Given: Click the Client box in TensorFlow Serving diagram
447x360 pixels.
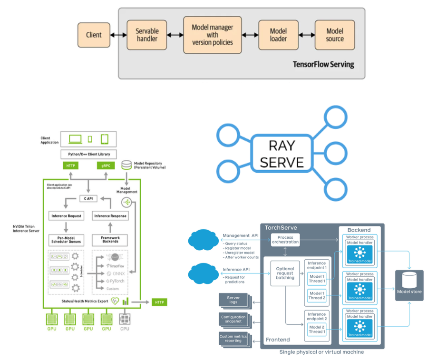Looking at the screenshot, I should (x=94, y=35).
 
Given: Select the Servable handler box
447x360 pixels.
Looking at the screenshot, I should (x=146, y=35).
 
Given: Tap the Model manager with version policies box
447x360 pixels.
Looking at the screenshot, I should (x=212, y=35).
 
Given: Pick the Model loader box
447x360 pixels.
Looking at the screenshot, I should (x=278, y=35).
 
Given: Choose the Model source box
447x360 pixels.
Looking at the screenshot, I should (x=335, y=35).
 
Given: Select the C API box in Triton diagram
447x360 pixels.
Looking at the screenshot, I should (x=88, y=198).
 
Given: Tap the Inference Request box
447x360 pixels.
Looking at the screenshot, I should (x=66, y=216).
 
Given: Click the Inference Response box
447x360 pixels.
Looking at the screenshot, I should (x=110, y=216).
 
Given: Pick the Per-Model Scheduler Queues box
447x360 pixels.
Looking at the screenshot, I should (x=66, y=240).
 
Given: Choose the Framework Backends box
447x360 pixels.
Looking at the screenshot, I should (x=110, y=240).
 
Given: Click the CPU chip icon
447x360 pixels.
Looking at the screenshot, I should (x=125, y=319).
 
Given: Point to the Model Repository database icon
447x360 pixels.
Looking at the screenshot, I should (x=126, y=165).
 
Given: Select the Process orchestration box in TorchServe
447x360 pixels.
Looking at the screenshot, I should (x=285, y=240).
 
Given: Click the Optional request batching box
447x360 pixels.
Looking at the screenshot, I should (x=285, y=273).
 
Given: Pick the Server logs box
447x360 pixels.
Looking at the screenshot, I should (x=233, y=300).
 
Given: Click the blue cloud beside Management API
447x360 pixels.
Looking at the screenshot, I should (x=204, y=240).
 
